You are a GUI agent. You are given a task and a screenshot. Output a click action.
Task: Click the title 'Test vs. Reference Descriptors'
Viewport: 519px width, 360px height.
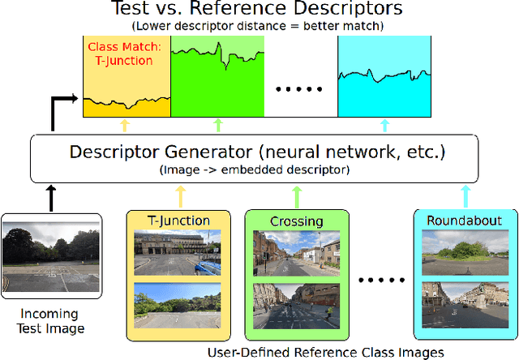pos(258,11)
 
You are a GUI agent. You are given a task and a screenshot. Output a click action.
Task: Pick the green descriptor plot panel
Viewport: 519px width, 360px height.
pos(217,77)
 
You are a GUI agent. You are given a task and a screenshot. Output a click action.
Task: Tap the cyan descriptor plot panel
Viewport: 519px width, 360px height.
pos(384,77)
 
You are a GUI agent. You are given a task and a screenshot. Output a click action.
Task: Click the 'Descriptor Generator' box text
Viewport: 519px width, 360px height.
pos(259,151)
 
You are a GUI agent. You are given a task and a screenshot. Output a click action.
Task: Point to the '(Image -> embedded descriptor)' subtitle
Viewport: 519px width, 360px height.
pos(259,169)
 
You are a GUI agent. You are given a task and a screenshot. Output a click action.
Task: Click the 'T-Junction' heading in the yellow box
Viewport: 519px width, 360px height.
pos(178,221)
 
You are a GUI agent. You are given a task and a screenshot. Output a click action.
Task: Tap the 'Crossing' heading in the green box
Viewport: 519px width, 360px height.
pos(296,221)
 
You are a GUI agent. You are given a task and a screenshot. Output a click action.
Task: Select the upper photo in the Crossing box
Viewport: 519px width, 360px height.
pos(296,253)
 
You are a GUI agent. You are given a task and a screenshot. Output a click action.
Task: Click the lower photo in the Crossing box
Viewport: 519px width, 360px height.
pos(296,305)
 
